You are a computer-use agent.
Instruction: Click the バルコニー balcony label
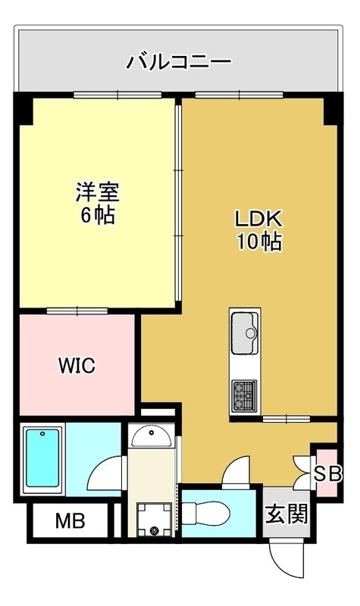(x=179, y=62)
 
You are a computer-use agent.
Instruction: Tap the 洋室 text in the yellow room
(x=98, y=192)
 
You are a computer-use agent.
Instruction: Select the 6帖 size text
(x=98, y=215)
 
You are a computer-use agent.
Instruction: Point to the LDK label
(x=259, y=219)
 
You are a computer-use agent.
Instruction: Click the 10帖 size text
(x=259, y=242)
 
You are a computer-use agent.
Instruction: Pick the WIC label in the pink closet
(x=77, y=365)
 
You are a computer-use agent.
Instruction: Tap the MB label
(x=70, y=521)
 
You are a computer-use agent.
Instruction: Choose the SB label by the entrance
(x=327, y=474)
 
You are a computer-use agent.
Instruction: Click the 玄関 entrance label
(x=286, y=514)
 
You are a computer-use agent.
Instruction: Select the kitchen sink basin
(x=244, y=333)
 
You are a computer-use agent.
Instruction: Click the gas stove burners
(x=244, y=395)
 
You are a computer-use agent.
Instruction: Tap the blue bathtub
(x=42, y=460)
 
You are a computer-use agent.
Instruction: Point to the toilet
(x=205, y=514)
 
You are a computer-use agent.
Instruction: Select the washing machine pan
(x=155, y=520)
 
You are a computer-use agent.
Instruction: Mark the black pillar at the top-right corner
(x=333, y=109)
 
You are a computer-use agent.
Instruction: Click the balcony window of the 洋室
(x=117, y=95)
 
